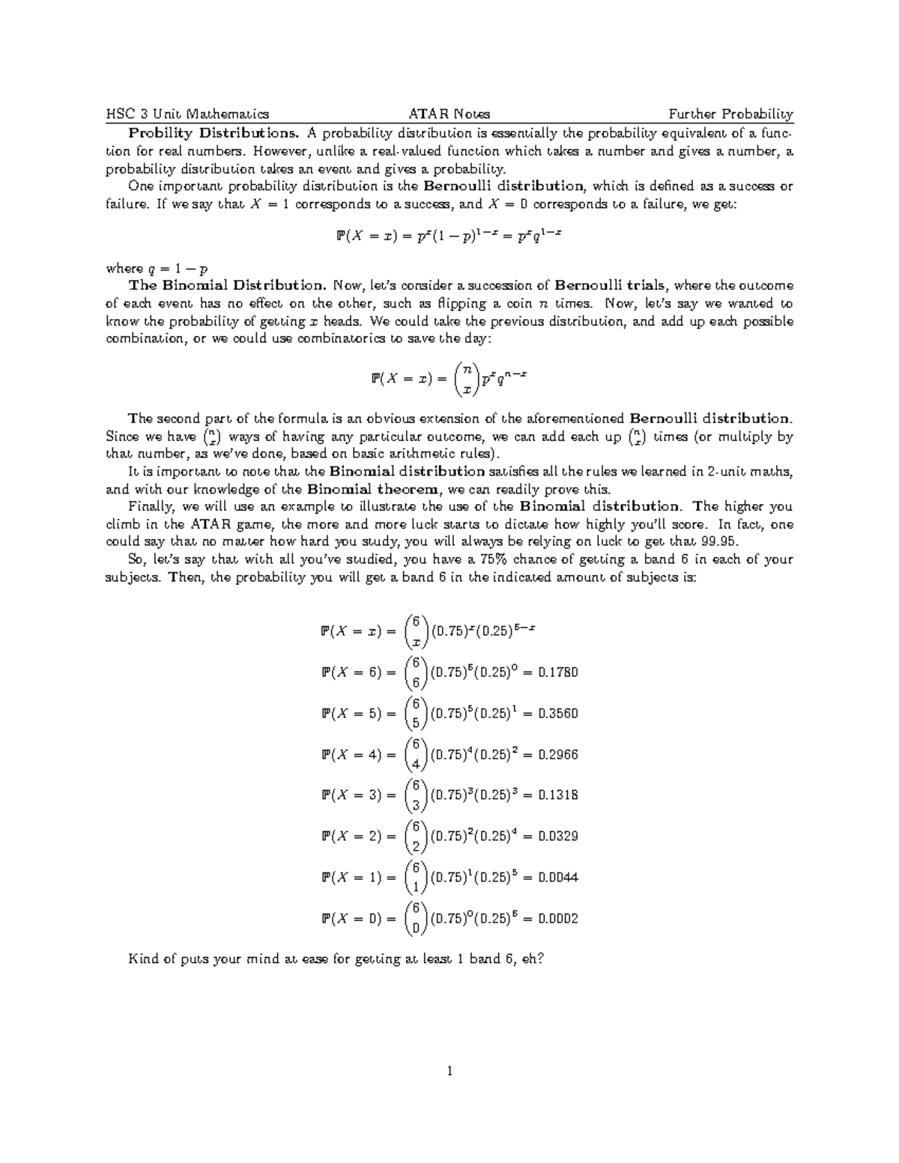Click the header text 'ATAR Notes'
(449, 114)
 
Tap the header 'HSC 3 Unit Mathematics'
(187, 114)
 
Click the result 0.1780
(558, 672)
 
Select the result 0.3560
(558, 714)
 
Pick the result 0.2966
(558, 755)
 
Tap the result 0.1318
(558, 795)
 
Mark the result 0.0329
(558, 836)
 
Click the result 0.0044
(558, 878)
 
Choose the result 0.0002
(558, 919)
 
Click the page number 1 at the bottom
(449, 1071)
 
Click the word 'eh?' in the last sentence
(530, 959)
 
